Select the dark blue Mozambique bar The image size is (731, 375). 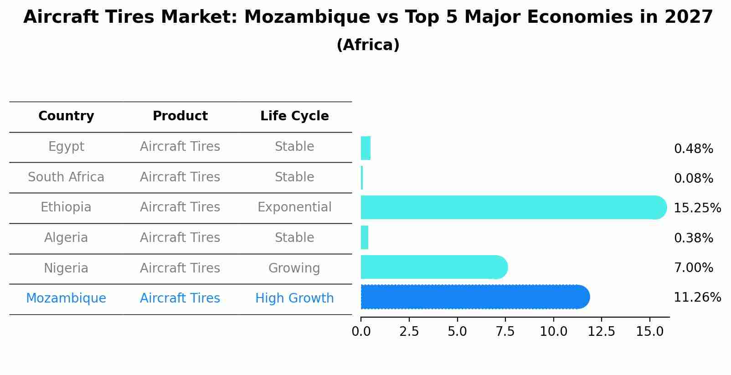(474, 297)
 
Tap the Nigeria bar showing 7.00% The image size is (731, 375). (433, 267)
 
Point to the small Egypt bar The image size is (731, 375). (365, 148)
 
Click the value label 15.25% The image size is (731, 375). (697, 208)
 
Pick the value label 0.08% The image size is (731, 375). (693, 179)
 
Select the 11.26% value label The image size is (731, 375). (697, 298)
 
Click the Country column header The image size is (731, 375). (66, 116)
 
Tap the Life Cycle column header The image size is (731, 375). (294, 116)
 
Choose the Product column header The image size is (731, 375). (180, 116)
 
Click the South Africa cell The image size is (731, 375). (66, 177)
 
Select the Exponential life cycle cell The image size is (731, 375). (294, 207)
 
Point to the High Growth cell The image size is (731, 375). (294, 298)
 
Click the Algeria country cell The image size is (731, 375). (66, 238)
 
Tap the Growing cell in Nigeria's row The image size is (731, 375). (294, 268)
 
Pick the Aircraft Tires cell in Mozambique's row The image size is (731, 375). (180, 298)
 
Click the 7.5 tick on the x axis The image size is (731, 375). (505, 332)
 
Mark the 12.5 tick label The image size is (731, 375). (601, 332)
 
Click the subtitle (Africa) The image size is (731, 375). (368, 45)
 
